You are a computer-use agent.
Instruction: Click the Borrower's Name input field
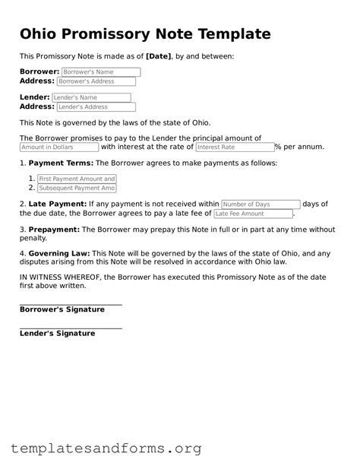(x=101, y=72)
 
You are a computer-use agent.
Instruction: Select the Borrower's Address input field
(x=96, y=81)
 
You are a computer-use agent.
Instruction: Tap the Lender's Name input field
(x=91, y=98)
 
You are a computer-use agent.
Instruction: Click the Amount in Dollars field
(x=58, y=147)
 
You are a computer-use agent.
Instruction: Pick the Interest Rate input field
(x=234, y=147)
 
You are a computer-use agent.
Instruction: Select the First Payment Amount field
(x=77, y=179)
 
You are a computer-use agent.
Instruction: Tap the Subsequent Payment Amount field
(x=77, y=188)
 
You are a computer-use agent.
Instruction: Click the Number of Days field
(x=261, y=204)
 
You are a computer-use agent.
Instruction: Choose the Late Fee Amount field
(x=253, y=214)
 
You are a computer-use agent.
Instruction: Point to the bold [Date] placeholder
(x=158, y=56)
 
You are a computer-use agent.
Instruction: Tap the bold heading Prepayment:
(x=54, y=230)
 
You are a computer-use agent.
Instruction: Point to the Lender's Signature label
(x=57, y=334)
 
